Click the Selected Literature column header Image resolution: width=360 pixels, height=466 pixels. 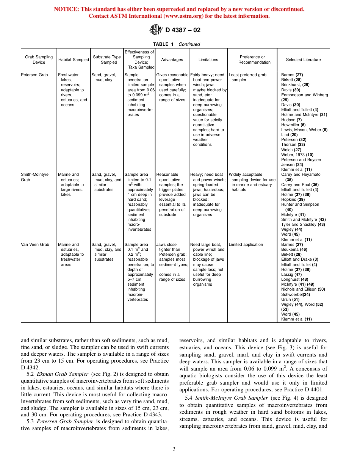tap(303, 59)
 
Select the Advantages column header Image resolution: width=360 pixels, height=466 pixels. tap(172, 59)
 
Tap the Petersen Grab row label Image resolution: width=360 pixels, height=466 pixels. tap(34, 75)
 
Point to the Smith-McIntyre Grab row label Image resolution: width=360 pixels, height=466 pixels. tap(34, 177)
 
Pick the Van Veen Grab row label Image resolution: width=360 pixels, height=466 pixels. tap(35, 245)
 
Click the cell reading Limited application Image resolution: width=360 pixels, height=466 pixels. tap(246, 245)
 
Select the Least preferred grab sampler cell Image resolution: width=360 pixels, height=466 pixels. tap(247, 77)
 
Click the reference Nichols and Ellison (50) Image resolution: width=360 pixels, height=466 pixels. tap(303, 289)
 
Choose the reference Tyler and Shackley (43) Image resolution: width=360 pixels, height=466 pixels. tap(303, 225)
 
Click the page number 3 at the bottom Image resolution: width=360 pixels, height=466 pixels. tap(174, 449)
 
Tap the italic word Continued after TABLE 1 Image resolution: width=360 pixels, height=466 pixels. tap(189, 44)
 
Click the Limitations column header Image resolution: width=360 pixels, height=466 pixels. tap(208, 59)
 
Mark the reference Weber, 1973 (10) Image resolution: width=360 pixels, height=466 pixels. tap(297, 155)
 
